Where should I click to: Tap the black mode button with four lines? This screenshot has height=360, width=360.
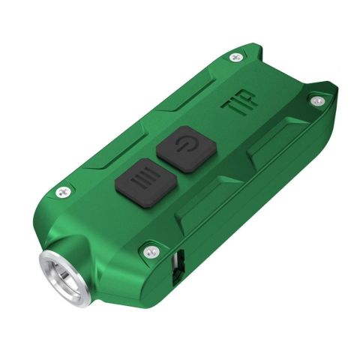point(145,182)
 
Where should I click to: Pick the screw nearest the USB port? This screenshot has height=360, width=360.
point(152,252)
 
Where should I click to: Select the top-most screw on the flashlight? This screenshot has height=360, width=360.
point(236,58)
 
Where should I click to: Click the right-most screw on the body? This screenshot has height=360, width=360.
point(318,101)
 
